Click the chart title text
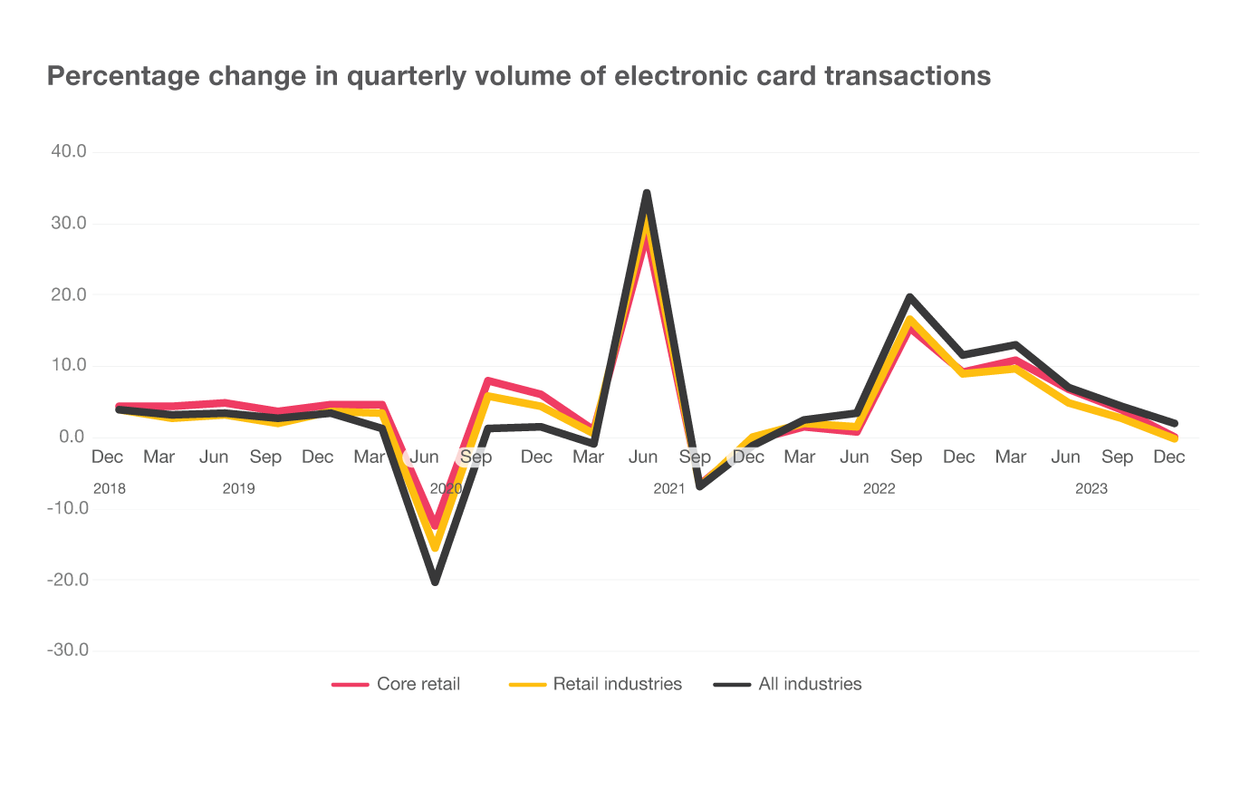click(x=518, y=76)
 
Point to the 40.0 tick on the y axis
click(x=68, y=152)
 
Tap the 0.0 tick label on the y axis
click(x=72, y=438)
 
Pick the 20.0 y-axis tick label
click(x=68, y=294)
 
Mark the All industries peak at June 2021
click(x=647, y=192)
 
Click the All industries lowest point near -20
click(x=435, y=580)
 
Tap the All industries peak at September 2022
click(x=909, y=296)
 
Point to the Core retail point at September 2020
click(x=488, y=380)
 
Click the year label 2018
click(x=109, y=488)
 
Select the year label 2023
click(x=1091, y=488)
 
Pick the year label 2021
click(x=669, y=488)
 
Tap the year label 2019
click(x=238, y=488)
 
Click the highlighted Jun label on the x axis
click(x=424, y=457)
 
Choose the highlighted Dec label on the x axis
click(x=748, y=457)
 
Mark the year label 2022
click(x=879, y=488)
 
